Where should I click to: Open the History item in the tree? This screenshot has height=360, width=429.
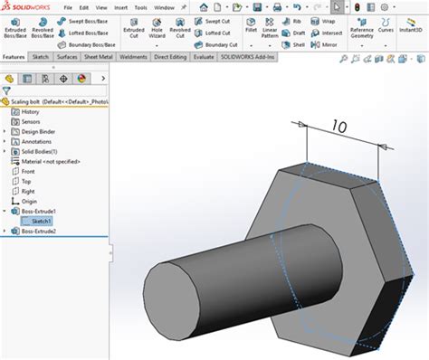31,111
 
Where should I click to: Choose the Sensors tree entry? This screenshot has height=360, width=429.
31,121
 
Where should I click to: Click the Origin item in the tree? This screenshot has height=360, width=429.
28,201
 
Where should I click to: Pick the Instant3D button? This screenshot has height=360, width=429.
412,32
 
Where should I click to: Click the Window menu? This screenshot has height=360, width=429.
164,7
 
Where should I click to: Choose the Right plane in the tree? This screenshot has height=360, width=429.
28,191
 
